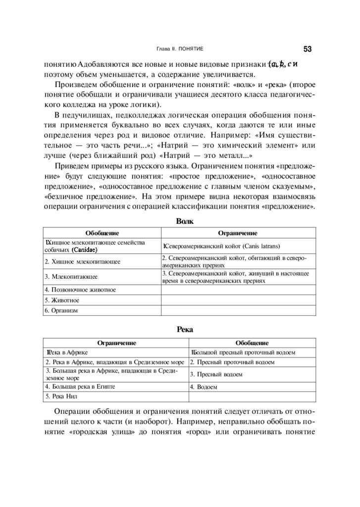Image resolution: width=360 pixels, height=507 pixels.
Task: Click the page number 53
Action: click(307, 49)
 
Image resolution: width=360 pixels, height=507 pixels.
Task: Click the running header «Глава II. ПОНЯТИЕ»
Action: click(180, 49)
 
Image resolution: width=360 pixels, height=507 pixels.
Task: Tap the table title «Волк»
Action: click(185, 220)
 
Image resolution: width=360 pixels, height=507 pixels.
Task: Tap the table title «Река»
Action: click(185, 329)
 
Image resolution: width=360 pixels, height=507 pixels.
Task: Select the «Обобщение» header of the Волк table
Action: click(102, 233)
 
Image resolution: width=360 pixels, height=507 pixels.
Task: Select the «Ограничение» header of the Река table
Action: click(116, 343)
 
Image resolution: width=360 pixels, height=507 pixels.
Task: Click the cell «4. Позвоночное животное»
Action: click(80, 290)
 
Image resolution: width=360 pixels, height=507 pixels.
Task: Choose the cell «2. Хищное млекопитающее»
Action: click(83, 261)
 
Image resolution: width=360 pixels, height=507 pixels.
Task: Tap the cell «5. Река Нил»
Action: click(62, 397)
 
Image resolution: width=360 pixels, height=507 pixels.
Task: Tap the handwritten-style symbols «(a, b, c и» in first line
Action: click(282, 64)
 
